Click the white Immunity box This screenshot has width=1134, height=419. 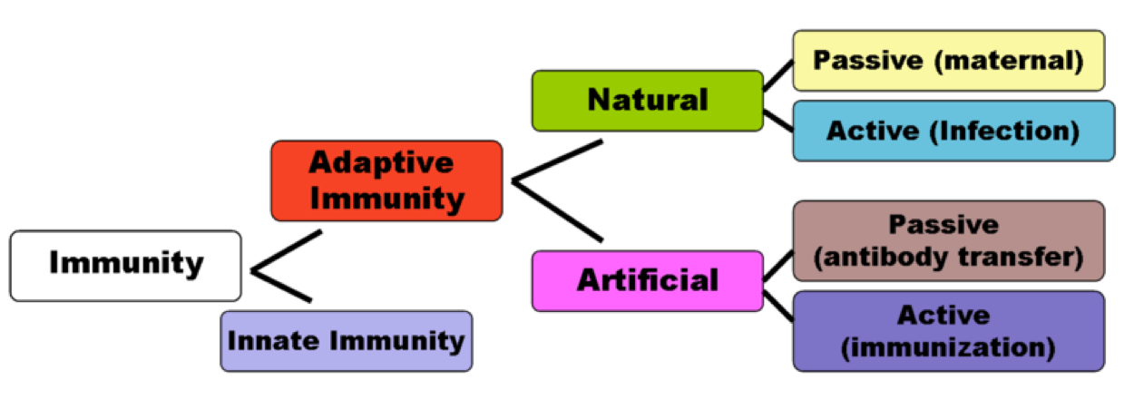tap(125, 265)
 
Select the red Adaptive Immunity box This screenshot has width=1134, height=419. tap(386, 180)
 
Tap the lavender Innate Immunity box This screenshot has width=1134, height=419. tap(346, 341)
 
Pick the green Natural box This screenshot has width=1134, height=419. tap(647, 100)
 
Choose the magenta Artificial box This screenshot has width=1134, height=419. tap(647, 280)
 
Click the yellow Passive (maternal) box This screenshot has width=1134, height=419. tap(948, 61)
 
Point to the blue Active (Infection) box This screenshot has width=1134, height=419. tap(953, 131)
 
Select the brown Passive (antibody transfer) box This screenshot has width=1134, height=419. tap(948, 240)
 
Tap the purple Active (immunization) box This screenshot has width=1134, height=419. tap(948, 331)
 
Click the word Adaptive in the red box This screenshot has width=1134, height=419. tap(381, 162)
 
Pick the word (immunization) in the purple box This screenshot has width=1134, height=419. tap(949, 347)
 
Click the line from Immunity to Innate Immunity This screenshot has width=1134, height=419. tap(281, 286)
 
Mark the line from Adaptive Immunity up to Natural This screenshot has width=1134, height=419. tap(557, 161)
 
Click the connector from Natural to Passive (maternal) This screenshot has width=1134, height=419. tap(777, 76)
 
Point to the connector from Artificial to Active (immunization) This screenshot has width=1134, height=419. tap(777, 301)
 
